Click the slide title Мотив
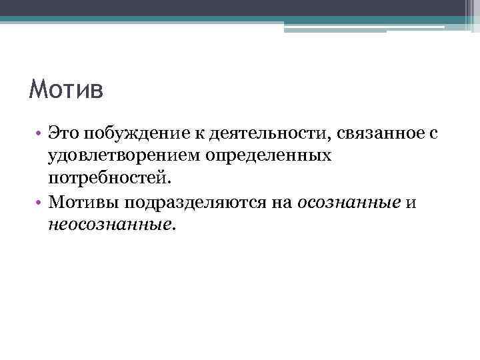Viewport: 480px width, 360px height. point(66,89)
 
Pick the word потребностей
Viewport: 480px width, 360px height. point(109,179)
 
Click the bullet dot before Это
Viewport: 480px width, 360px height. point(41,134)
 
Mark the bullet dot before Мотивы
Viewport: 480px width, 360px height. point(41,202)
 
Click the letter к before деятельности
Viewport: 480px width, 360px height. point(200,133)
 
